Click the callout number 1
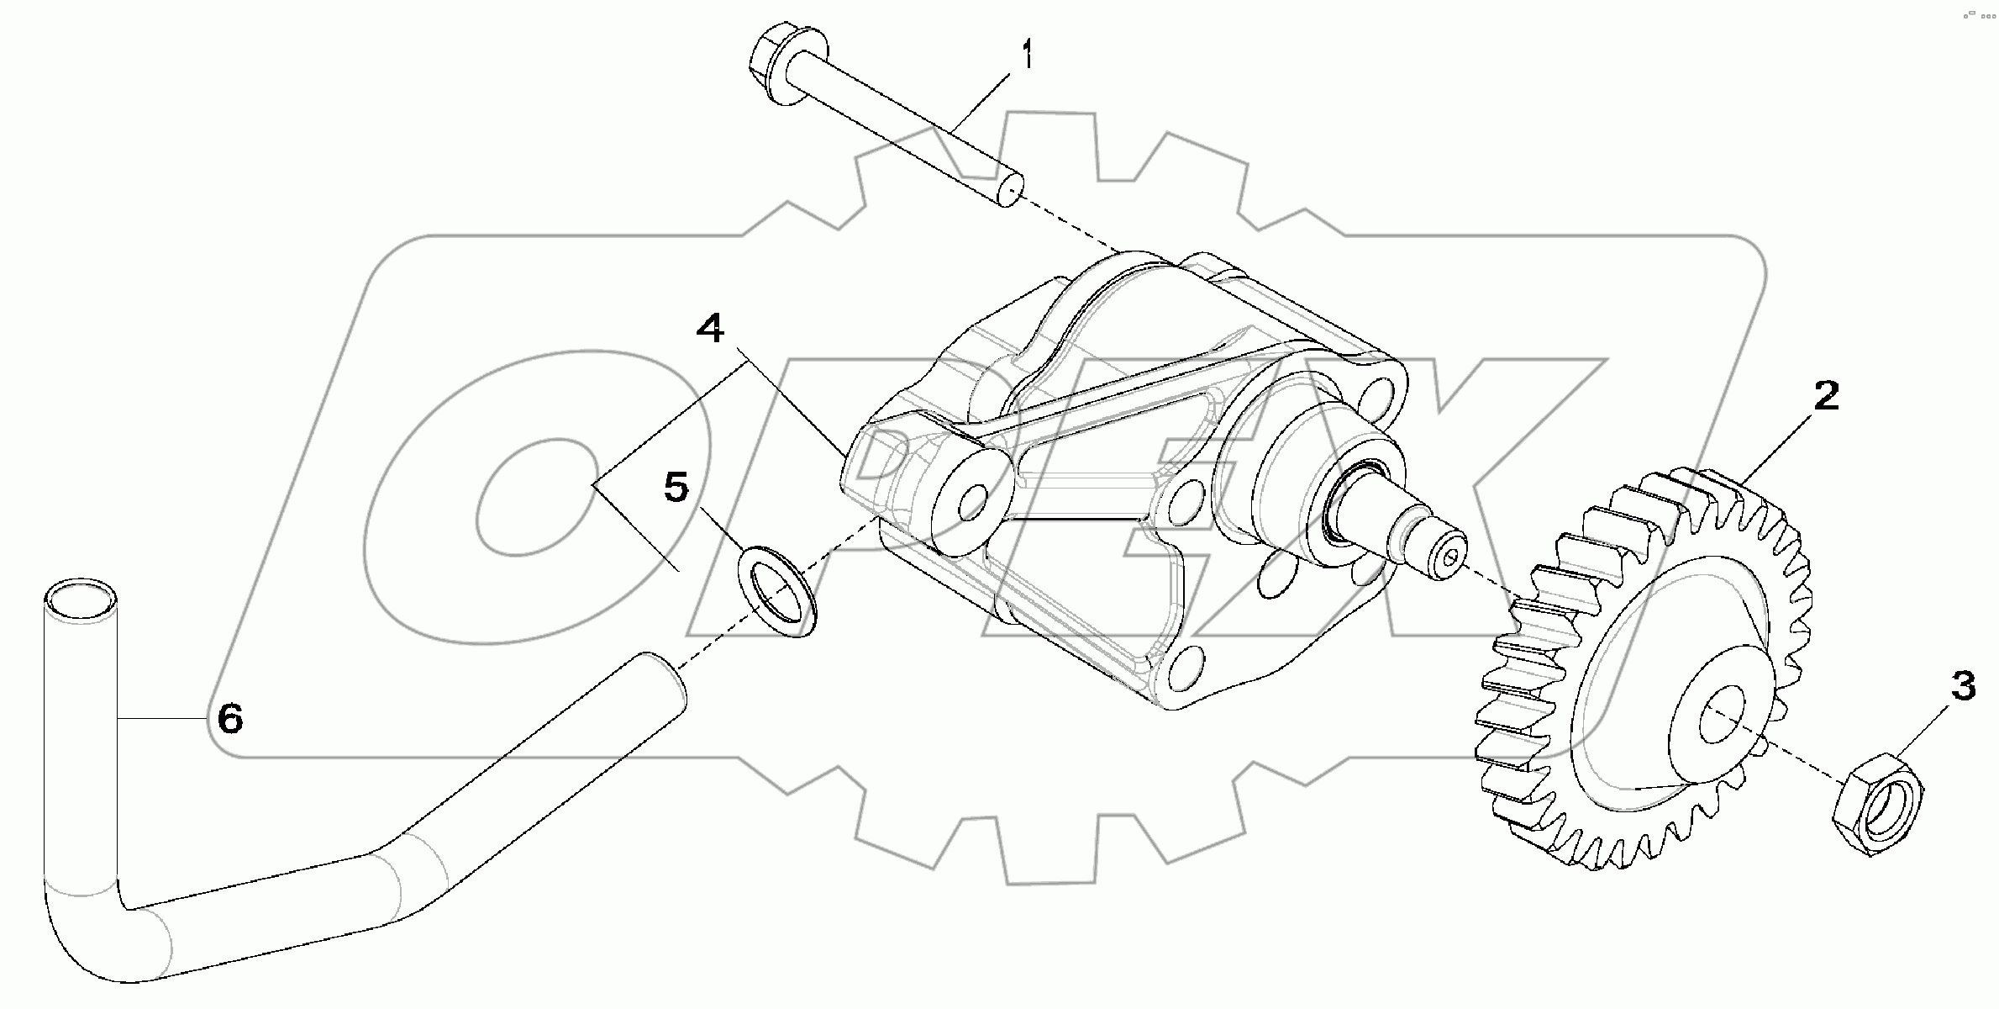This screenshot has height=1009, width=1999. [x=1026, y=57]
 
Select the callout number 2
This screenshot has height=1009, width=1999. [x=1826, y=395]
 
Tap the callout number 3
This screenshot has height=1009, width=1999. [x=1963, y=687]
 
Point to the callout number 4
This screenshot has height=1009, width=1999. [x=710, y=328]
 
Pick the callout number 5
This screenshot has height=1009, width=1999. [x=676, y=487]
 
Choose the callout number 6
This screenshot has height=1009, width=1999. [x=229, y=719]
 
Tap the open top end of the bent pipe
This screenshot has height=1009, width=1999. [x=80, y=600]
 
